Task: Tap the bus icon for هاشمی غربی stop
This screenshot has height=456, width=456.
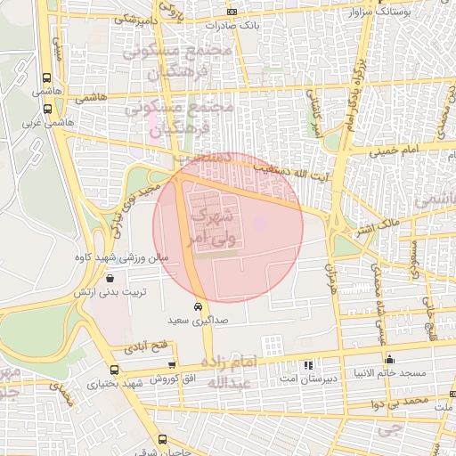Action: (46, 109)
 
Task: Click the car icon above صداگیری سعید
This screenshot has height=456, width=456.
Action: (199, 306)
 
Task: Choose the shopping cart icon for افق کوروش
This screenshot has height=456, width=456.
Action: (172, 366)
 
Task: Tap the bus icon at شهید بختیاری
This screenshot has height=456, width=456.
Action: (113, 370)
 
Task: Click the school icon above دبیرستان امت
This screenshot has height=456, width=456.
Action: (308, 364)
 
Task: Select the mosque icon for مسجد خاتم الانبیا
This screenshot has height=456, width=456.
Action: (390, 360)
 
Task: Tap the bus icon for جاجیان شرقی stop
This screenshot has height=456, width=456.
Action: (162, 440)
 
